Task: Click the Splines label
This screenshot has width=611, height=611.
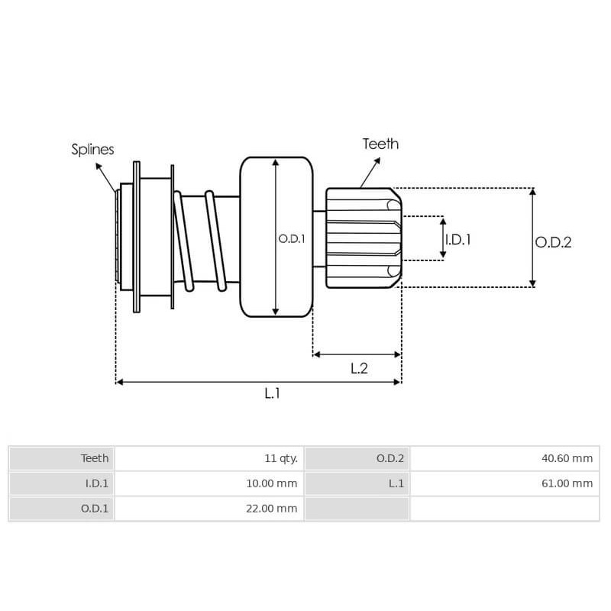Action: [x=92, y=150]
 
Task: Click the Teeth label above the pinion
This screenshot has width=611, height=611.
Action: [x=380, y=144]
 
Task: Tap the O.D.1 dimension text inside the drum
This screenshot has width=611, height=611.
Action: [x=292, y=238]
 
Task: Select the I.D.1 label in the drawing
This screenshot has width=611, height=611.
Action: [x=458, y=240]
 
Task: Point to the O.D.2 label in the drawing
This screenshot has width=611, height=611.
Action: [x=553, y=242]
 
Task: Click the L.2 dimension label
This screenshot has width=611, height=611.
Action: [x=359, y=368]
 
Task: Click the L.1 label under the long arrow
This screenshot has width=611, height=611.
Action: [x=273, y=393]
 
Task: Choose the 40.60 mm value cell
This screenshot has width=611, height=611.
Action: [x=505, y=458]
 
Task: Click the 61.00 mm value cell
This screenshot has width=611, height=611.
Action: [x=505, y=483]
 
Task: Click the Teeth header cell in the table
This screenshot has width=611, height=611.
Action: [x=62, y=458]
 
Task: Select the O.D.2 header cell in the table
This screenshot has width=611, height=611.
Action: [x=357, y=458]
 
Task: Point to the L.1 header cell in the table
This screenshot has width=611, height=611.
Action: [x=357, y=483]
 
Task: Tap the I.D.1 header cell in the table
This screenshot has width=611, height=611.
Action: [x=62, y=483]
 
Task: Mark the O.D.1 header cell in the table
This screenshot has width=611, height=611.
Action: [x=62, y=509]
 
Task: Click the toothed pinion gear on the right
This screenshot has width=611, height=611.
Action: [x=362, y=238]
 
